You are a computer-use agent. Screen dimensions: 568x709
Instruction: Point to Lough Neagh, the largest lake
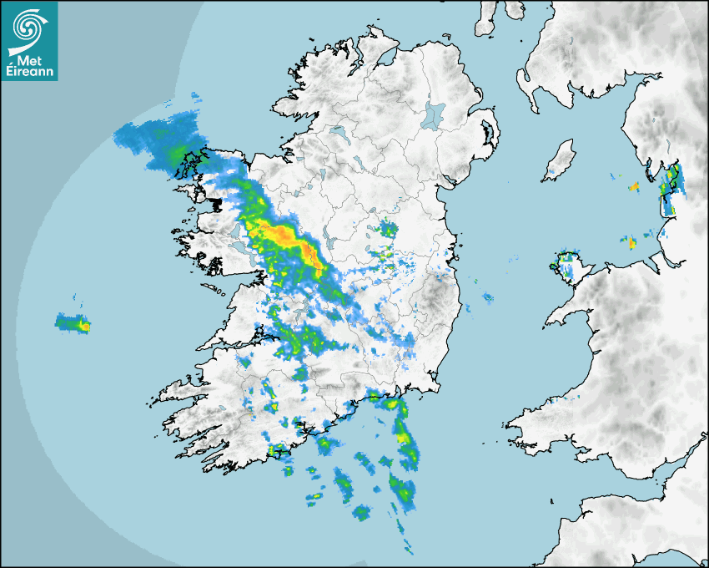433,114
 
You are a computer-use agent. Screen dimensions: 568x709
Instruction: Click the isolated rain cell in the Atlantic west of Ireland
73,322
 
